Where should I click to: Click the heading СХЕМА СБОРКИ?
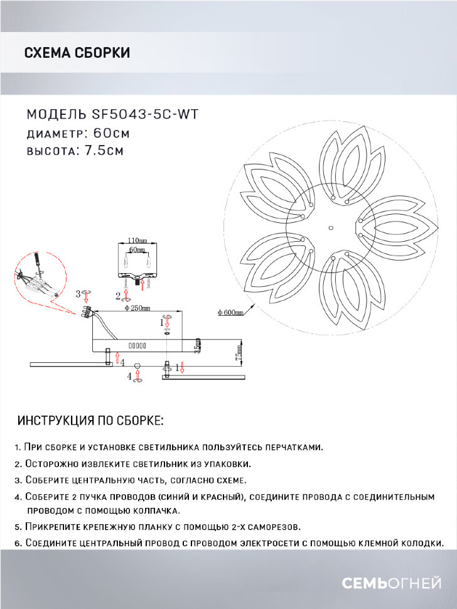tap(77, 53)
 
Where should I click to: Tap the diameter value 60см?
tap(111, 133)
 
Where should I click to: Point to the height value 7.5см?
tap(103, 151)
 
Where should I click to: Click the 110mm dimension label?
tap(137, 240)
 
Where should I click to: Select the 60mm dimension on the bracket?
tap(137, 249)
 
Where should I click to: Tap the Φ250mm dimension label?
tap(136, 308)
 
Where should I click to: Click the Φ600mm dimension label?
tap(230, 313)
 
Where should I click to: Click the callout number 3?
tap(78, 293)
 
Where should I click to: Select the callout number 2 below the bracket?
tap(118, 295)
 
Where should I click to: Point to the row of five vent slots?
tap(137, 346)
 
